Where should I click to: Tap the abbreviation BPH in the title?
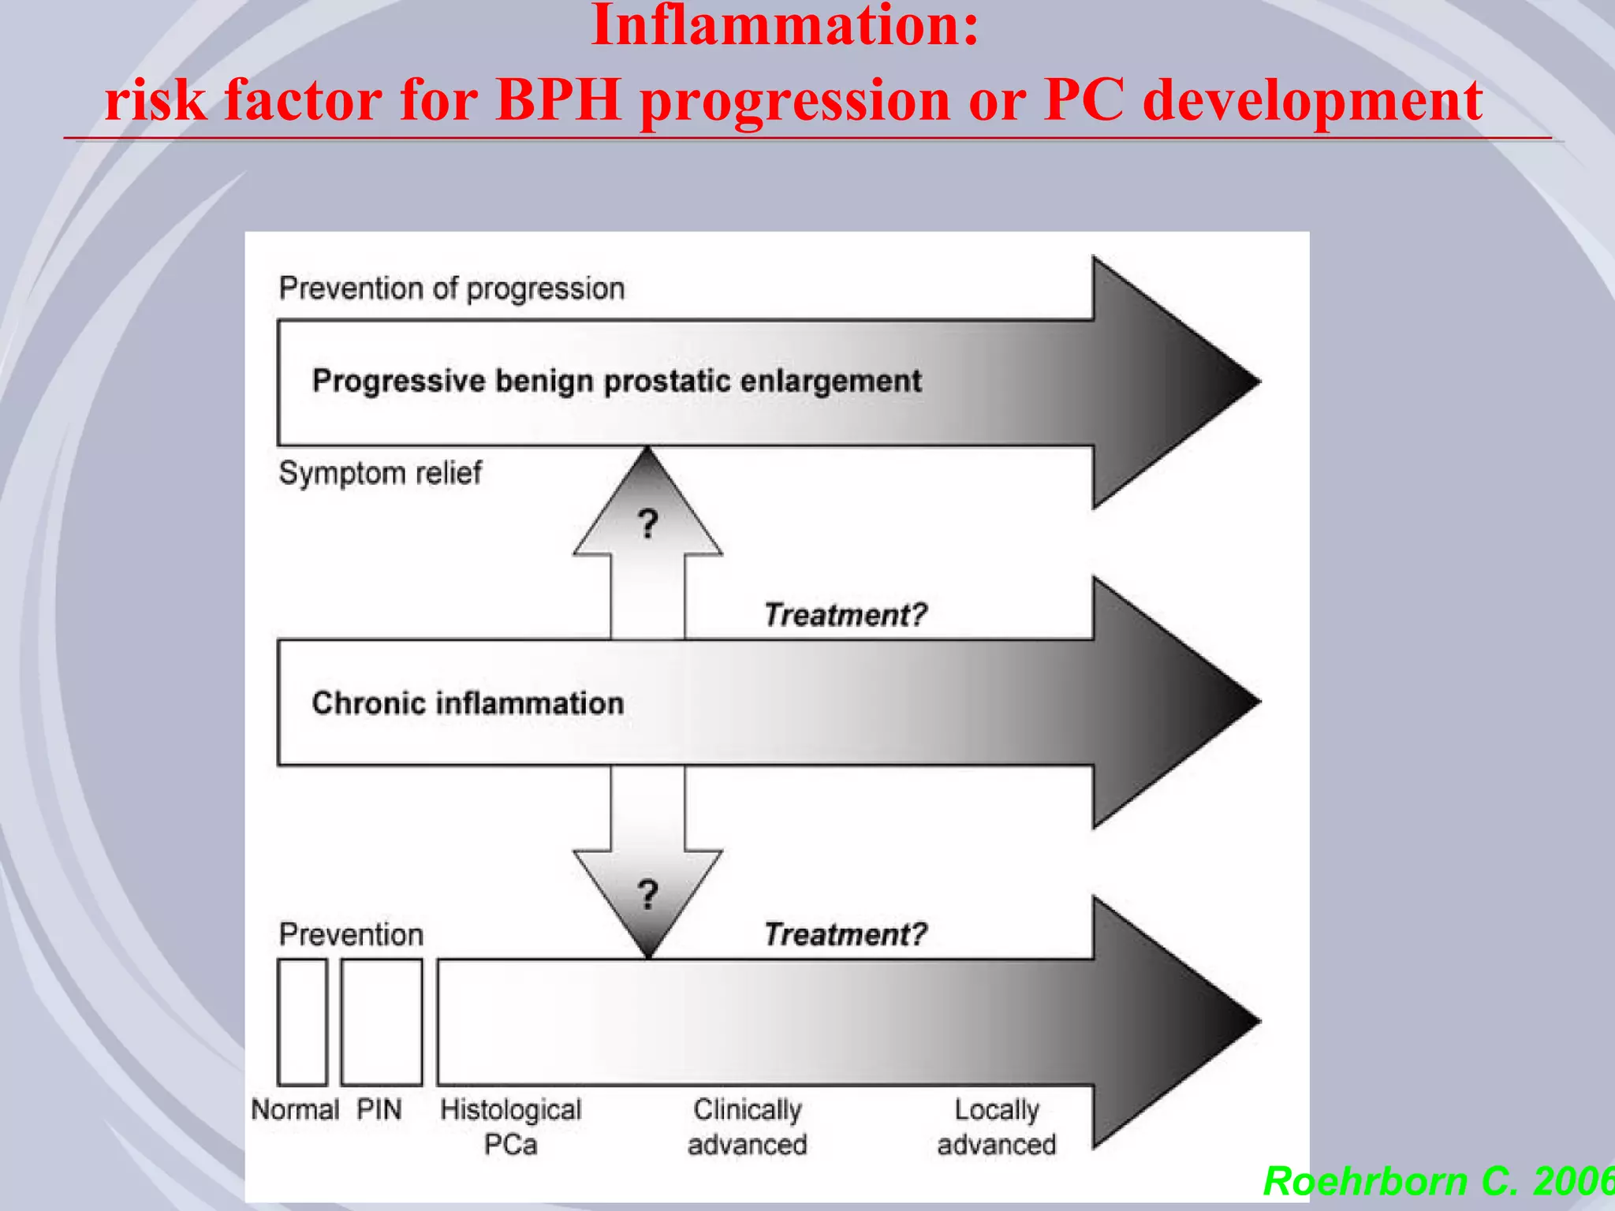pyautogui.click(x=559, y=100)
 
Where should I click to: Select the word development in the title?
pyautogui.click(x=1312, y=100)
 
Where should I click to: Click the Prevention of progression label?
pyautogui.click(x=452, y=289)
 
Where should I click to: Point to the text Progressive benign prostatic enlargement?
pyautogui.click(x=617, y=381)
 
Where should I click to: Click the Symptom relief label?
pyautogui.click(x=380, y=473)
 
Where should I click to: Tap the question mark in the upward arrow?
pyautogui.click(x=648, y=524)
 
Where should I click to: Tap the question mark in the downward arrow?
pyautogui.click(x=648, y=894)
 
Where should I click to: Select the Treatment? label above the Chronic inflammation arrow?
pyautogui.click(x=845, y=614)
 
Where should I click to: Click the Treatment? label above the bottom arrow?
pyautogui.click(x=845, y=934)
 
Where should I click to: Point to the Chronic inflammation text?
pyautogui.click(x=468, y=702)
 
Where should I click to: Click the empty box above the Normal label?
pyautogui.click(x=302, y=1022)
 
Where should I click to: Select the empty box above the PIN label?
pyautogui.click(x=382, y=1022)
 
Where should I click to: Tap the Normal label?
pyautogui.click(x=295, y=1109)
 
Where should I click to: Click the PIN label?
pyautogui.click(x=379, y=1109)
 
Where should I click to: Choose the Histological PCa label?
pyautogui.click(x=511, y=1127)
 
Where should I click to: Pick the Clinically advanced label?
pyautogui.click(x=748, y=1127)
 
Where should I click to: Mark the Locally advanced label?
pyautogui.click(x=997, y=1127)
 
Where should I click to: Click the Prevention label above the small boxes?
pyautogui.click(x=351, y=934)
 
